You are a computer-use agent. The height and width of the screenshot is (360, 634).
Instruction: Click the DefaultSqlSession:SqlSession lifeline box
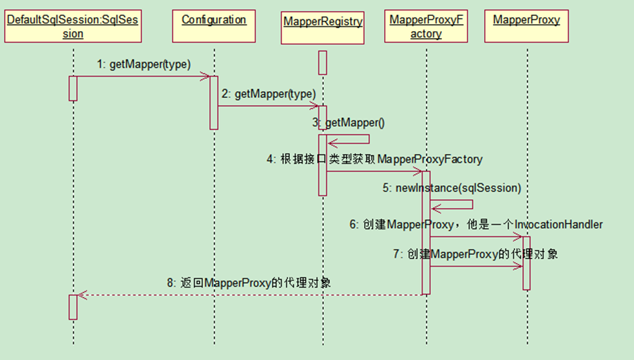(x=73, y=27)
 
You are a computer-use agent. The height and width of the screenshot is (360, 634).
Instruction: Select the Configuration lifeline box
(x=214, y=20)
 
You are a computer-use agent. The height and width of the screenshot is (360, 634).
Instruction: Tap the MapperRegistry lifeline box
(x=323, y=21)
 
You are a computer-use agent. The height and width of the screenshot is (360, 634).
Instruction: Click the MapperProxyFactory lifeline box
(x=426, y=27)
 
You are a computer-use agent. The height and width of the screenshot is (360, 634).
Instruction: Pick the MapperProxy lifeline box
(x=526, y=20)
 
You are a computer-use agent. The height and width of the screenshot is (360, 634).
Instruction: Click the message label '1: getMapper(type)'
(x=143, y=64)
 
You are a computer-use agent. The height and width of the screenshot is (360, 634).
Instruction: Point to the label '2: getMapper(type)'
(x=269, y=93)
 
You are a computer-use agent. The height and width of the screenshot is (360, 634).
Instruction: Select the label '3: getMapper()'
(x=348, y=122)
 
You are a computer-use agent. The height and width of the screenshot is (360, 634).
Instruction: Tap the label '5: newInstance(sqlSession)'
(x=452, y=188)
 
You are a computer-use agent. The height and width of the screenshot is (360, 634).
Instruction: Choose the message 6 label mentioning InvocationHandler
(x=476, y=224)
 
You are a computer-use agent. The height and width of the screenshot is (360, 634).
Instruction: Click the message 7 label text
(x=476, y=254)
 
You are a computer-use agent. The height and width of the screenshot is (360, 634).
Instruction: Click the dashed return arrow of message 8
(x=249, y=295)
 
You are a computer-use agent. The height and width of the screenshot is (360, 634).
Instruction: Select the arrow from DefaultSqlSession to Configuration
(x=143, y=76)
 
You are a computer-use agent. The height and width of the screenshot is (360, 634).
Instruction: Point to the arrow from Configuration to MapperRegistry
(x=269, y=106)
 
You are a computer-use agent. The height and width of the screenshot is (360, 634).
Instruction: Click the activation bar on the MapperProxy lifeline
(x=526, y=263)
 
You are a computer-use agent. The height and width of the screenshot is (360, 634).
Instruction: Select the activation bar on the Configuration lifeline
(x=214, y=102)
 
